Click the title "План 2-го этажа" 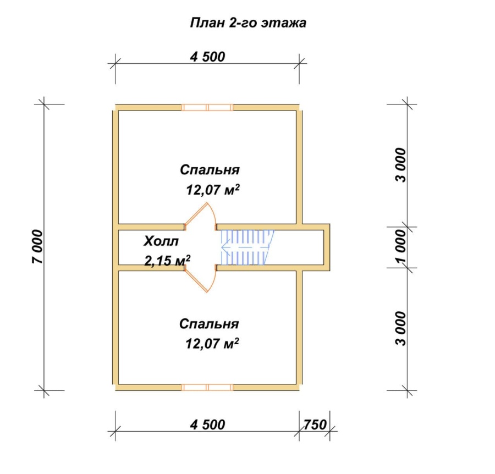248,23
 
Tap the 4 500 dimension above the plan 207,57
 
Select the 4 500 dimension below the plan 207,425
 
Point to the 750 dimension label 315,425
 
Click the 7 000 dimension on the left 37,246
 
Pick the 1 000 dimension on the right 400,246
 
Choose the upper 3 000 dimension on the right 400,165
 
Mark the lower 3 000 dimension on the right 400,328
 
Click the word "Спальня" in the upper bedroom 210,170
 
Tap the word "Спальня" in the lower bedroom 209,324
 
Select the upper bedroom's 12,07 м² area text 213,190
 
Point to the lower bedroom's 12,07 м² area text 212,343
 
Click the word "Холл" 161,241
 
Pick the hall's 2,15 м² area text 167,261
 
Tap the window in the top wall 207,108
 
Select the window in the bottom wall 207,387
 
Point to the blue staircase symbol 247,247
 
